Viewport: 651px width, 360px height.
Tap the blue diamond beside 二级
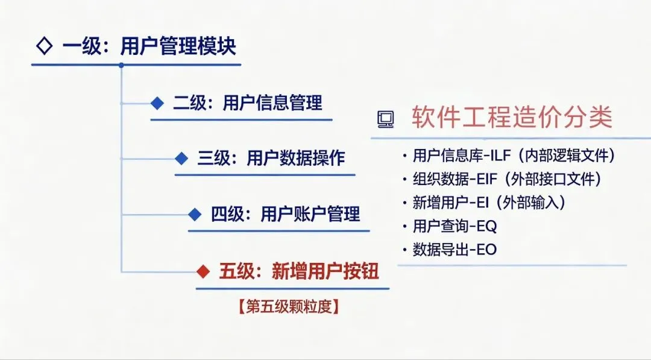(157, 103)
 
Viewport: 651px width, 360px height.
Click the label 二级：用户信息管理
(248, 103)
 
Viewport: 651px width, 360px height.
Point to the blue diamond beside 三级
(181, 159)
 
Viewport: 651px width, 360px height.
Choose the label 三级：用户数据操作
(271, 159)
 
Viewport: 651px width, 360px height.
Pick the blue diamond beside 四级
(195, 214)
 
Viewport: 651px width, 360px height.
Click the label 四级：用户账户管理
(285, 214)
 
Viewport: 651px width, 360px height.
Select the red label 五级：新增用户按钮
(299, 272)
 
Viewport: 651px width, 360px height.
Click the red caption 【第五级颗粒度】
(288, 306)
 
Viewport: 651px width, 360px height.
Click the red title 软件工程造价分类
(512, 118)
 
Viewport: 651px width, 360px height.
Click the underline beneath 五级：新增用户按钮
(292, 288)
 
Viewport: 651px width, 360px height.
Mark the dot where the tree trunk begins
(121, 65)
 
